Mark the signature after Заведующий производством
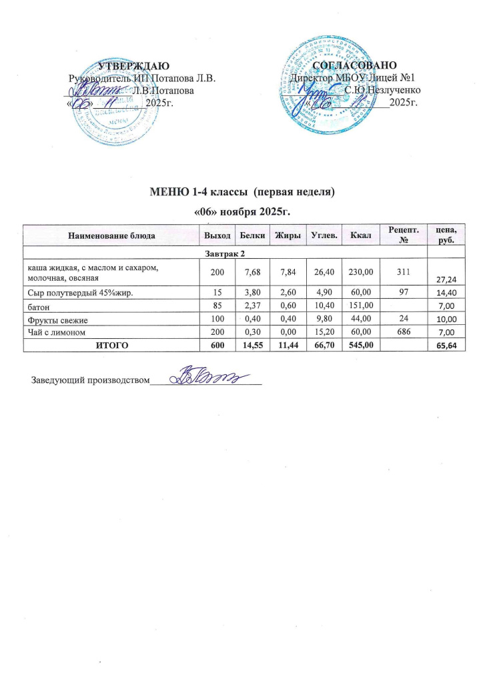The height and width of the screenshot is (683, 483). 207,378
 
